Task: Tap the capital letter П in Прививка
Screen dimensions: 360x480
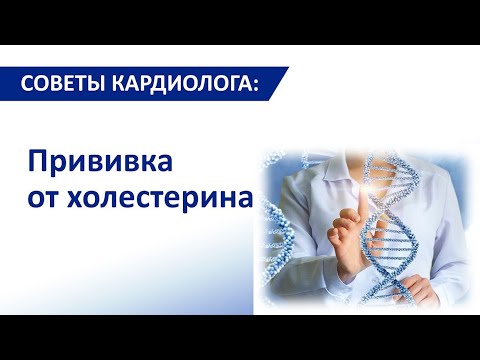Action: [x=34, y=162]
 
